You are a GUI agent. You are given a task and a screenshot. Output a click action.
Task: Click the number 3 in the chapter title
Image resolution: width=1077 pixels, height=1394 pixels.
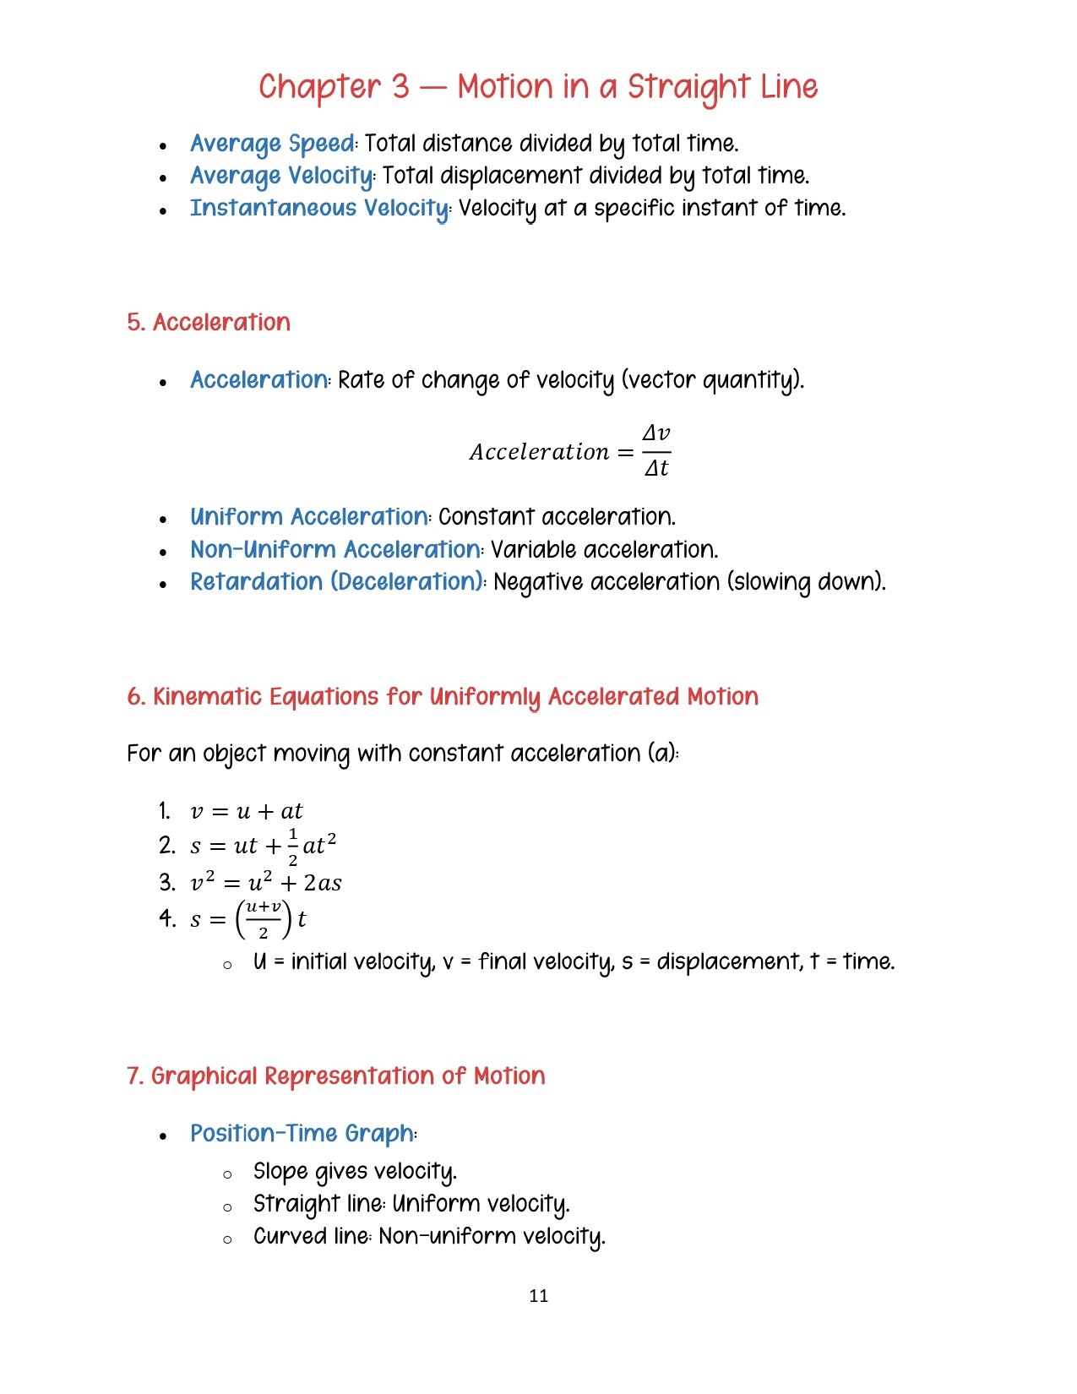[x=400, y=87]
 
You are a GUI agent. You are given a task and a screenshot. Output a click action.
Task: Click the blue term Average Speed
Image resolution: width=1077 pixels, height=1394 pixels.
[x=272, y=144]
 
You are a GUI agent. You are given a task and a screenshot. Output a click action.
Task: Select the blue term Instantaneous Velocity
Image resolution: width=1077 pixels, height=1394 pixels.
[x=319, y=208]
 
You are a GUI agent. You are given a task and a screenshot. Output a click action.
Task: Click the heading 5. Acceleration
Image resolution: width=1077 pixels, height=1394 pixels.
[x=209, y=322]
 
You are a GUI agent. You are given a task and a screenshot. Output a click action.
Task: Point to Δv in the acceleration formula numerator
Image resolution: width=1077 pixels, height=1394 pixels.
[x=656, y=433]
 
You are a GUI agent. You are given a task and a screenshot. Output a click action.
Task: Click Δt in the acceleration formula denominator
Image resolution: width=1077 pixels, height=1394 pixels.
[x=656, y=468]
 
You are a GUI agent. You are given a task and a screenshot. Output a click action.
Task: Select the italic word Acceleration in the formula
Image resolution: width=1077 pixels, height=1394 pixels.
[x=539, y=452]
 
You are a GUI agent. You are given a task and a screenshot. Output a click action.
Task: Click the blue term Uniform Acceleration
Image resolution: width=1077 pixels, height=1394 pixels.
[x=309, y=516]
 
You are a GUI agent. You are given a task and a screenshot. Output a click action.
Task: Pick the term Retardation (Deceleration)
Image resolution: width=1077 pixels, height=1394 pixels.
[x=336, y=581]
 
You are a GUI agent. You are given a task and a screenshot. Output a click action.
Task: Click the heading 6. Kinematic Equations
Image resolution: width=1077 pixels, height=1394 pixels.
[x=442, y=696]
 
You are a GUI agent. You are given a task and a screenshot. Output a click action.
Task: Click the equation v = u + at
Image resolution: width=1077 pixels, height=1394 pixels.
[x=246, y=812]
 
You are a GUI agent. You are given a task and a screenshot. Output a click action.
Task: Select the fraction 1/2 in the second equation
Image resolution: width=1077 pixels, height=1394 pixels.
[x=292, y=847]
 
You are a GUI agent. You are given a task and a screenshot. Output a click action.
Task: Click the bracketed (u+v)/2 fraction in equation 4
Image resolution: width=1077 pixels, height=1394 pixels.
[x=263, y=919]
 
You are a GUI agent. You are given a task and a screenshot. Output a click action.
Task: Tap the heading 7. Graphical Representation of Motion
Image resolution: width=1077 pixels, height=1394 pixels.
[x=335, y=1075]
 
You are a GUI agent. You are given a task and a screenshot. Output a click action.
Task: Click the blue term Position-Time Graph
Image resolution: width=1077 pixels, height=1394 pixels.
[x=302, y=1133]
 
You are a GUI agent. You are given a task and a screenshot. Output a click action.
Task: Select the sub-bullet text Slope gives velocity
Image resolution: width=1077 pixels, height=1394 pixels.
[x=354, y=1172]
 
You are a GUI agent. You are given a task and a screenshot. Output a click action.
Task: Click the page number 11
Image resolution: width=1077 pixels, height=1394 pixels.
[x=538, y=1295]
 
